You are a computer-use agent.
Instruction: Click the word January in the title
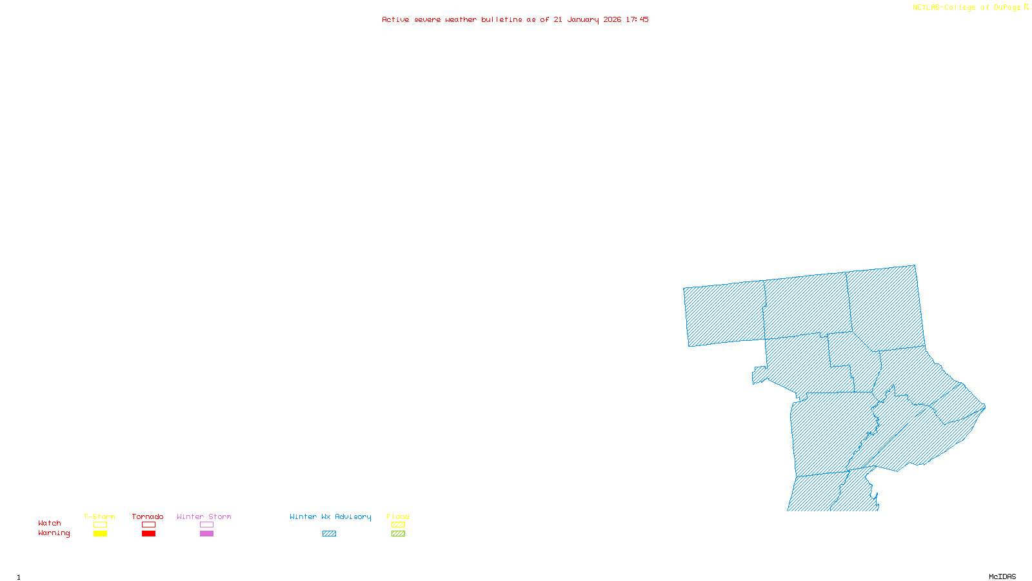tap(583, 19)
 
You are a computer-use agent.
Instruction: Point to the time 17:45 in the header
tap(637, 19)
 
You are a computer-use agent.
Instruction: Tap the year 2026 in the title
tap(613, 19)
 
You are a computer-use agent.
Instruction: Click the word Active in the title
tap(395, 19)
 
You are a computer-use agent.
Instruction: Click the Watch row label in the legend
tap(50, 523)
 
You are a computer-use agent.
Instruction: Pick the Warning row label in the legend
tap(54, 533)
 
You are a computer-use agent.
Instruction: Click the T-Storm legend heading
tap(99, 516)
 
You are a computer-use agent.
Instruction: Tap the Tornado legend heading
tap(148, 516)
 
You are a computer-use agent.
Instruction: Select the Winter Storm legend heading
tap(204, 516)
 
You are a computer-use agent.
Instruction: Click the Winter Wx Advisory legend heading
tap(330, 516)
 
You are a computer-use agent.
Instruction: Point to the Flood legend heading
tap(398, 516)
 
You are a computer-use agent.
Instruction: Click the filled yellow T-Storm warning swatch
tap(100, 534)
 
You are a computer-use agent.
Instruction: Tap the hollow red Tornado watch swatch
tap(149, 525)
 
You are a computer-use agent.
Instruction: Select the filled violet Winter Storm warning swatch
tap(206, 534)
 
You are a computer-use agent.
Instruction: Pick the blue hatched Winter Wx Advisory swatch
tap(329, 534)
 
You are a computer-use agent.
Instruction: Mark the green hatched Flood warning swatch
tap(399, 534)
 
